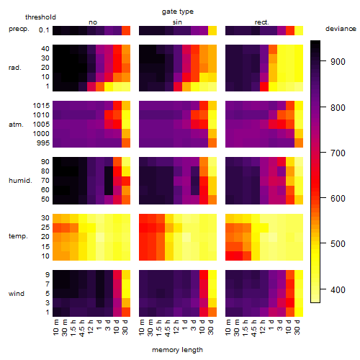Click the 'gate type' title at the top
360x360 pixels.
(178, 12)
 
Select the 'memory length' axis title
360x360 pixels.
(177, 350)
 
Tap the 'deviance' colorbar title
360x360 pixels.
(341, 29)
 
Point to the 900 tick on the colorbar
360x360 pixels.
(323, 61)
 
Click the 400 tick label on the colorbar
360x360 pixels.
(338, 289)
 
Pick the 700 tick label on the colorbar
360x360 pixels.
(338, 153)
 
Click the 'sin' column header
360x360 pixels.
(177, 22)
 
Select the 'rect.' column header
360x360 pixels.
(262, 22)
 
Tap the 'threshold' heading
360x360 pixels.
(40, 17)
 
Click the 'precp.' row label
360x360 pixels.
(19, 30)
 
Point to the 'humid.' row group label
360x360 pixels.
(20, 180)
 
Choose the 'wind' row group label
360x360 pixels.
(17, 294)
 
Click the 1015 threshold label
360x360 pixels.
(41, 106)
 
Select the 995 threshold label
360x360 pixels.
(43, 143)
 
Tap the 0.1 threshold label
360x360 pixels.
(44, 30)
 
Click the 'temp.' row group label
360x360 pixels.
(18, 236)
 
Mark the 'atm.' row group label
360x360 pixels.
(16, 125)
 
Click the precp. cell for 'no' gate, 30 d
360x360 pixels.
(126, 30)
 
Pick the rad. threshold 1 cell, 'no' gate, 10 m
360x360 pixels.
(57, 86)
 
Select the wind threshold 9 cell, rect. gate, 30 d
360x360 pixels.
(299, 274)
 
